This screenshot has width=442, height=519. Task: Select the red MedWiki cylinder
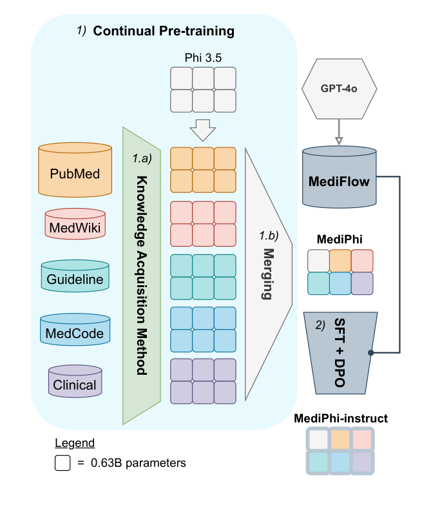click(x=75, y=225)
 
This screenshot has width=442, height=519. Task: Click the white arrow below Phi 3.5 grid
click(x=204, y=131)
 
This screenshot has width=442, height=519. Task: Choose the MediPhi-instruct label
click(x=341, y=419)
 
